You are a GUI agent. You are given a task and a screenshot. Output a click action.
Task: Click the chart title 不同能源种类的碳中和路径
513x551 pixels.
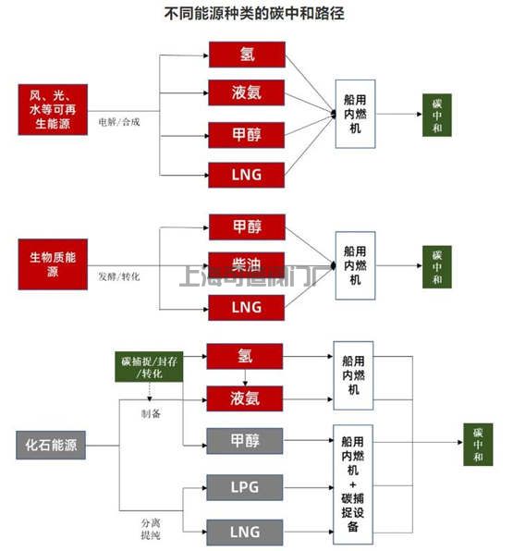pos(257,15)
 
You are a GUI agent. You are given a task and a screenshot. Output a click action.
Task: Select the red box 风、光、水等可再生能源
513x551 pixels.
pos(52,108)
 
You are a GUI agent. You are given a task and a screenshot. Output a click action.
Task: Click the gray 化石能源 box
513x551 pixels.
pos(52,446)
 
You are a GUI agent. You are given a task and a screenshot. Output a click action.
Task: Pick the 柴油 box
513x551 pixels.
pos(246,264)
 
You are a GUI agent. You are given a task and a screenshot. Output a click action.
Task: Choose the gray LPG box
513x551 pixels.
pos(245,486)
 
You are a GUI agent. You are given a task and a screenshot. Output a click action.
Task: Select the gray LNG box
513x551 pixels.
pos(245,532)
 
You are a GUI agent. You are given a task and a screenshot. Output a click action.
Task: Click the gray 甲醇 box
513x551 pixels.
pos(245,441)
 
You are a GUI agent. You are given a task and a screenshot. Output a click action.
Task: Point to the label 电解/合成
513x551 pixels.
pos(119,121)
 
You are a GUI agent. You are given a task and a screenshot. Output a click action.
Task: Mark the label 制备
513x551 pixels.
pos(152,412)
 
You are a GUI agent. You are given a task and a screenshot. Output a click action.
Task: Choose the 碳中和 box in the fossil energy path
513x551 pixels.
pos(478,445)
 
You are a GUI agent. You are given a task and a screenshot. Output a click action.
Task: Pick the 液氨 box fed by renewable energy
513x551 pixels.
pos(246,93)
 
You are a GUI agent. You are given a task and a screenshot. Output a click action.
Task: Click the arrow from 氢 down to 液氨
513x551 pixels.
pos(245,378)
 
